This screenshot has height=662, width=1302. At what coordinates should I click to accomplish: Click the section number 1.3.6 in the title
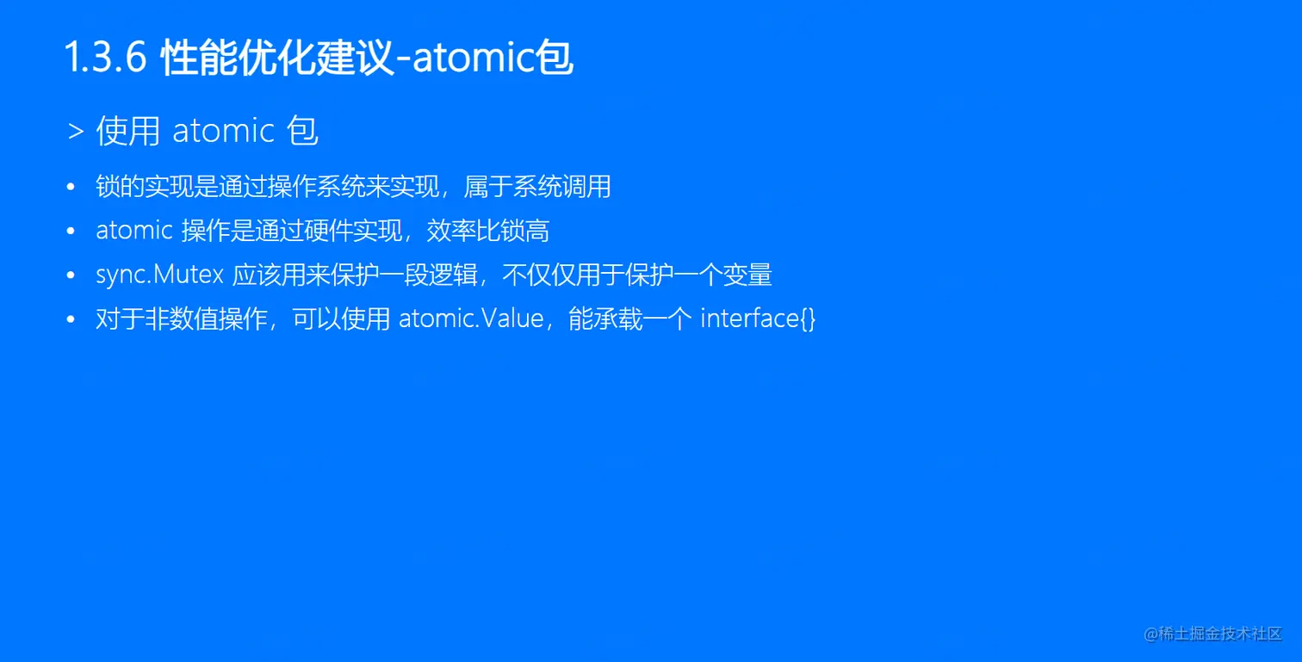[105, 59]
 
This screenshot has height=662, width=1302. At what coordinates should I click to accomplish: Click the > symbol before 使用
[75, 132]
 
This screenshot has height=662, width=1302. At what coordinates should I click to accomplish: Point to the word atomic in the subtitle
[223, 131]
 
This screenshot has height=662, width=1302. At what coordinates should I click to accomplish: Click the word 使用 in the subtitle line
[128, 131]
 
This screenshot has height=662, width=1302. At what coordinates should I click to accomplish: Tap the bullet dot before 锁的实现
[71, 187]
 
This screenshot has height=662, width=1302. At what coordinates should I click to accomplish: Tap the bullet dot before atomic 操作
[71, 231]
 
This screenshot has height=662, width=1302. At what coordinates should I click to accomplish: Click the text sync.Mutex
[160, 275]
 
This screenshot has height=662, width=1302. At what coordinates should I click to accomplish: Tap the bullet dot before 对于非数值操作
[71, 319]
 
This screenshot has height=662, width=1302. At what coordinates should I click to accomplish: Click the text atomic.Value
[471, 319]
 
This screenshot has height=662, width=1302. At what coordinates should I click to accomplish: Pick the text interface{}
[758, 319]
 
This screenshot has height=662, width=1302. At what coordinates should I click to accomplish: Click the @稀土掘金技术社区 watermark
[1212, 634]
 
